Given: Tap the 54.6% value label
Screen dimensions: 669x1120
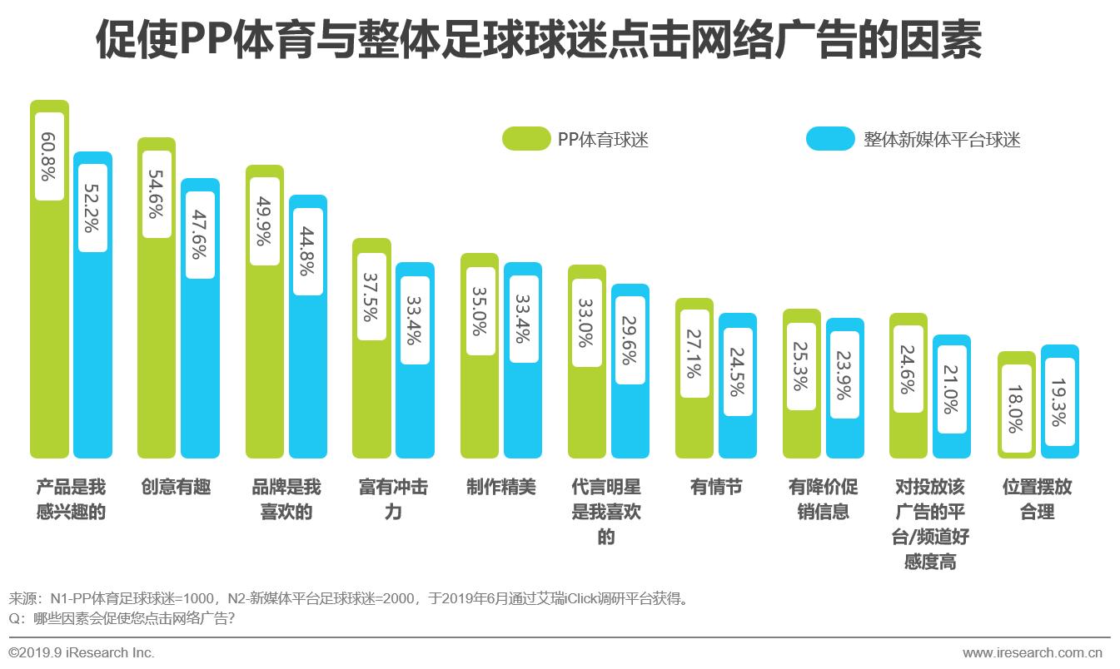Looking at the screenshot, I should [157, 194].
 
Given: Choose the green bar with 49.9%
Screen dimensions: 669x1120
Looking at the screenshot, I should [264, 366].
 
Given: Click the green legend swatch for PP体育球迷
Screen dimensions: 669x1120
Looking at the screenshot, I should [525, 139].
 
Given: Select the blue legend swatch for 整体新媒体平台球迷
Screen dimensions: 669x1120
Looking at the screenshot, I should [829, 139].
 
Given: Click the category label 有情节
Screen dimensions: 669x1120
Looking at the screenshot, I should [716, 487].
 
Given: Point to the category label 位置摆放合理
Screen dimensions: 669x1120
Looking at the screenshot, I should [1038, 499].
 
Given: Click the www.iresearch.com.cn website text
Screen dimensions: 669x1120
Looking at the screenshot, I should [1032, 652].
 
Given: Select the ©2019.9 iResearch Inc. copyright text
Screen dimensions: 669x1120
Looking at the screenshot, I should [82, 652].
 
